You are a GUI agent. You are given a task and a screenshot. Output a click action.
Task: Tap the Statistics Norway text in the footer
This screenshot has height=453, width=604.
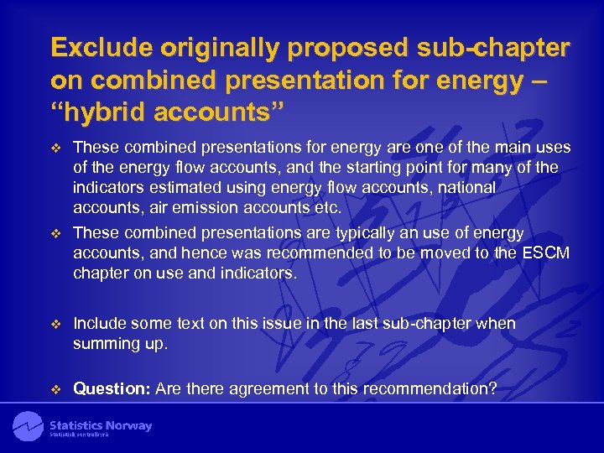click(101, 426)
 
